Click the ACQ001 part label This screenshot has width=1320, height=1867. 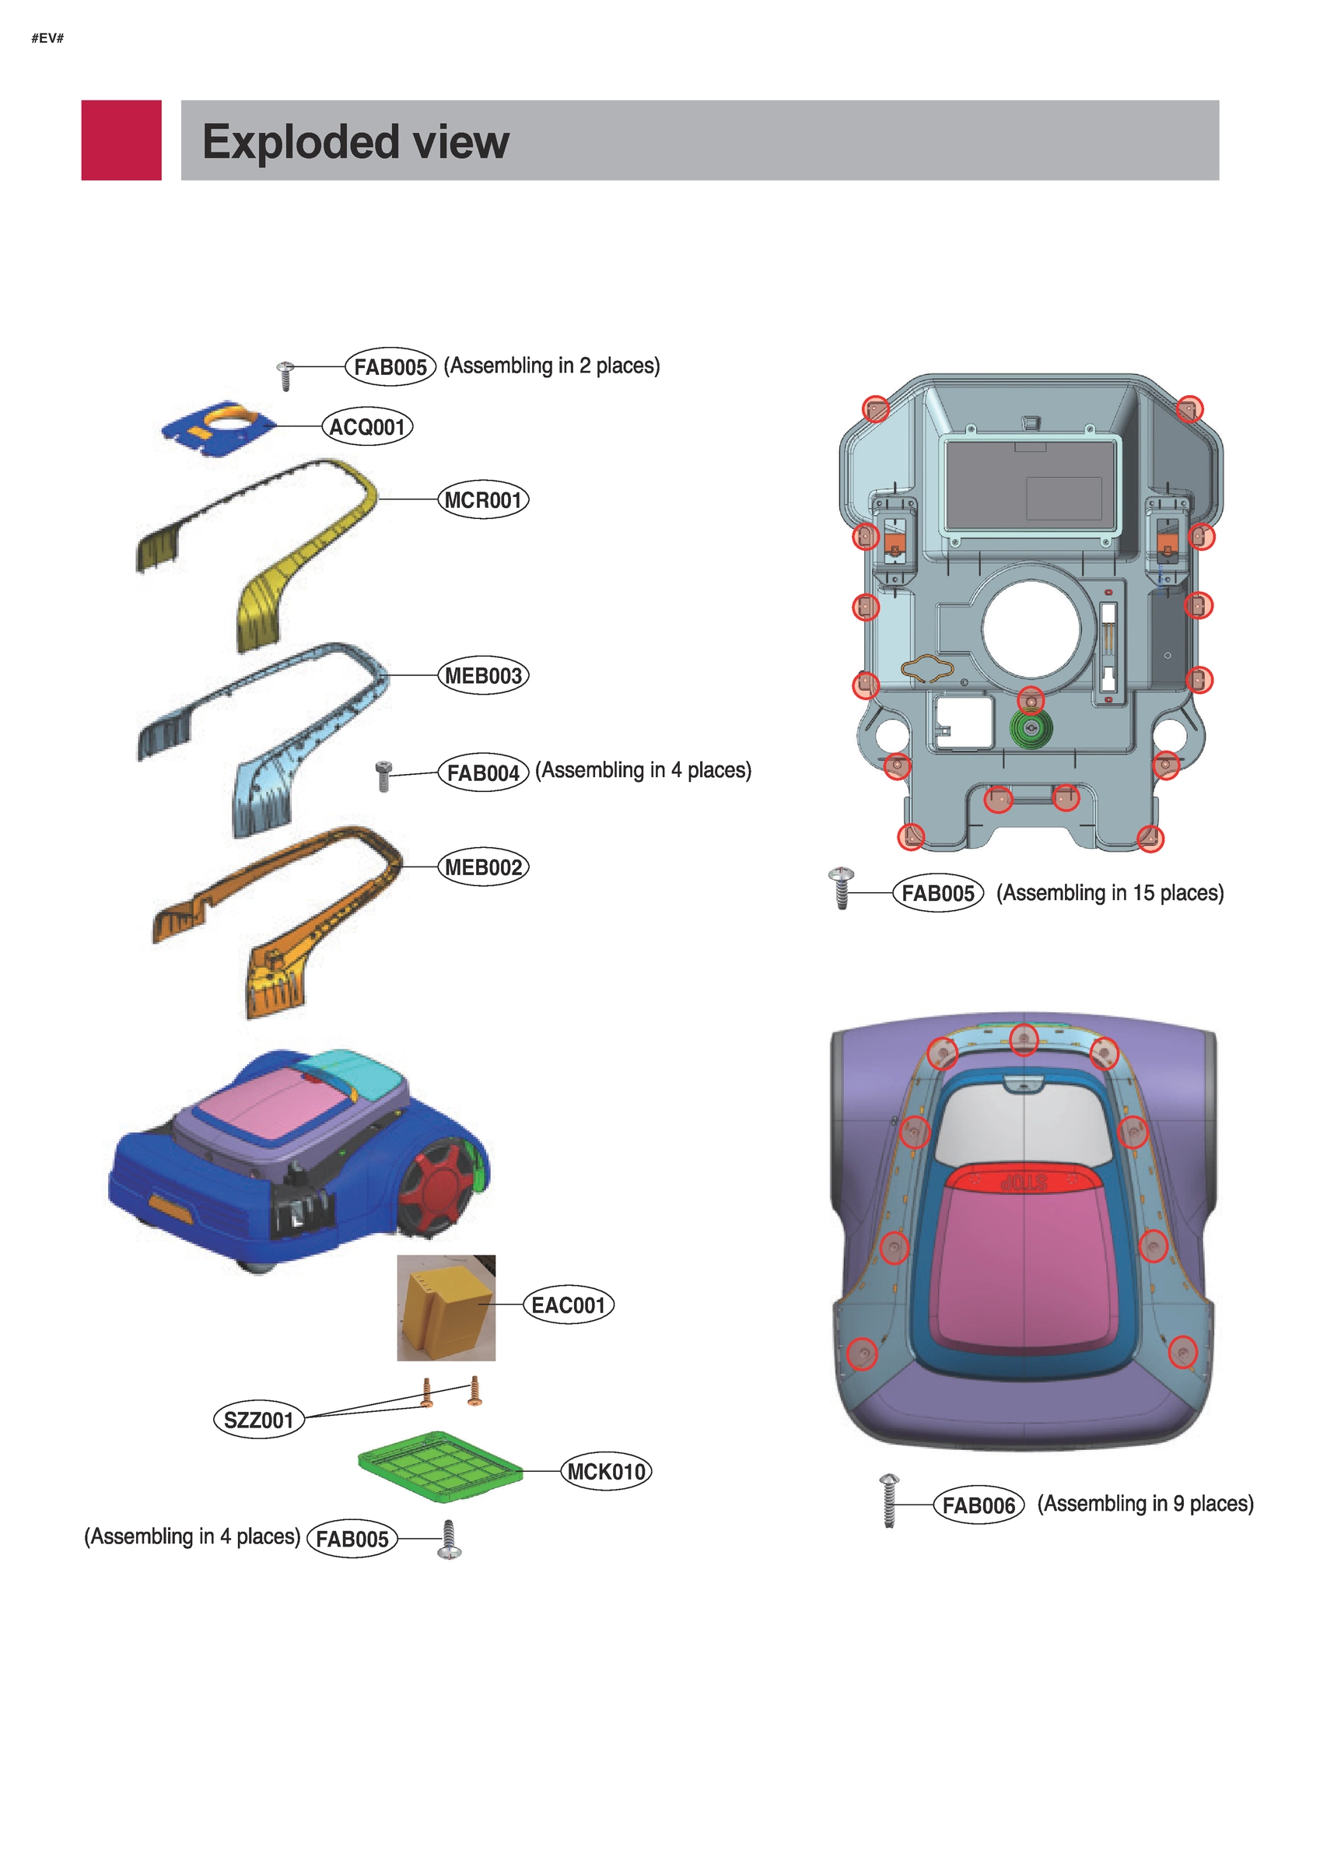tap(367, 427)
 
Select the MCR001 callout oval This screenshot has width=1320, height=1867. tap(483, 500)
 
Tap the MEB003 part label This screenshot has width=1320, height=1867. tap(483, 676)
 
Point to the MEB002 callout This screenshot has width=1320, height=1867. tap(483, 867)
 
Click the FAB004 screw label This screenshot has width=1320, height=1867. tap(483, 772)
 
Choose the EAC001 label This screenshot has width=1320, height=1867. tap(568, 1305)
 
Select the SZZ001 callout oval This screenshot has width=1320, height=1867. tap(257, 1420)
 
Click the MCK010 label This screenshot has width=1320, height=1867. tap(606, 1471)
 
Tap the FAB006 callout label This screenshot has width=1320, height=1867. tap(978, 1505)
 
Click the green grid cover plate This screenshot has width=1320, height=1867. tap(439, 1466)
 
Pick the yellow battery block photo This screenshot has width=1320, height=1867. tap(446, 1308)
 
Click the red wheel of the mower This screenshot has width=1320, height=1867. tap(438, 1179)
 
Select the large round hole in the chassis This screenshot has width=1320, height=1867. tap(1031, 629)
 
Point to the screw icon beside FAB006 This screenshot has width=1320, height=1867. tap(889, 1501)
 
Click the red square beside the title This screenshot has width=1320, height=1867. tap(121, 140)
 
